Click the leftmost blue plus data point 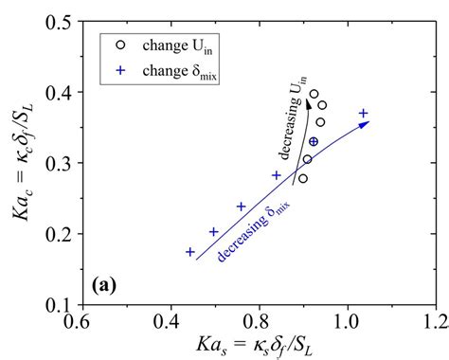point(190,252)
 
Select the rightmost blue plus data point point(364,114)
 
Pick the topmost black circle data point point(314,94)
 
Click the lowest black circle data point point(302,178)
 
